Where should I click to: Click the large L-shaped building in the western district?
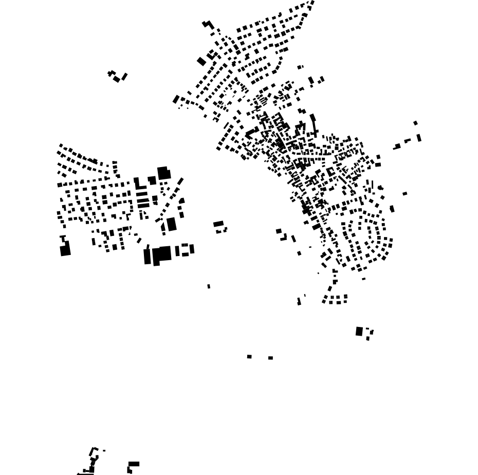[137, 184]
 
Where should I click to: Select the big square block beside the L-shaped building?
[163, 173]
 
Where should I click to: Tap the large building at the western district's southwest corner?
[65, 250]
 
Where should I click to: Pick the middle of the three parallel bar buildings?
[142, 200]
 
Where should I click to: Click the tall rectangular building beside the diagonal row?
[172, 224]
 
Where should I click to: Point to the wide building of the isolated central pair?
[218, 224]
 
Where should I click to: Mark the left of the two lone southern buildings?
[249, 356]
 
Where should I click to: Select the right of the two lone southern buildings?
[270, 358]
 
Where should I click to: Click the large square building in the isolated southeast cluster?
[359, 331]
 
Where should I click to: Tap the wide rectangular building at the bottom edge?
[134, 464]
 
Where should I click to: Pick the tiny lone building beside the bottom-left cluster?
[104, 451]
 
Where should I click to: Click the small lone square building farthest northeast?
[415, 123]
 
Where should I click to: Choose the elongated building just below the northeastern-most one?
[419, 138]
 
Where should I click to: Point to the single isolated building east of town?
[405, 194]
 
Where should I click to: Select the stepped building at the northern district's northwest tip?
[208, 24]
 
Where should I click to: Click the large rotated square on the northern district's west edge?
[201, 62]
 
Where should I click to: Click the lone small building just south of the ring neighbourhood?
[363, 279]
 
